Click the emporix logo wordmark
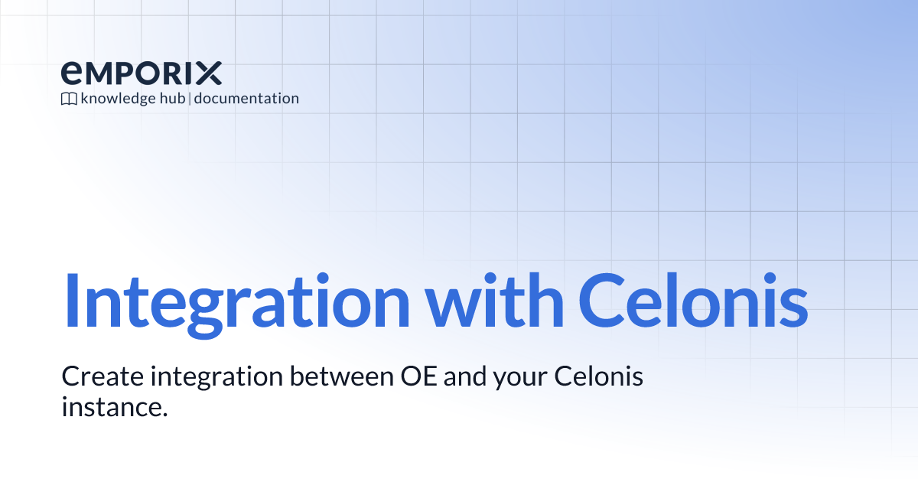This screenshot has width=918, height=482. tap(142, 73)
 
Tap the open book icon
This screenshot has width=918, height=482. tap(69, 99)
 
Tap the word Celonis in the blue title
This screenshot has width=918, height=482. tap(693, 301)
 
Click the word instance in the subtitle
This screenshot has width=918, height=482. tap(114, 407)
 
